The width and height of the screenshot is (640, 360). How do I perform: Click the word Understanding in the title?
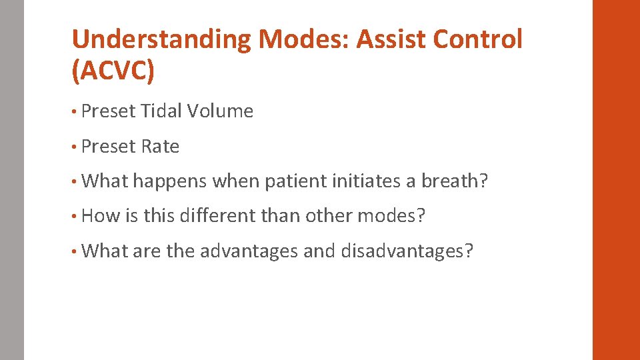[161, 40]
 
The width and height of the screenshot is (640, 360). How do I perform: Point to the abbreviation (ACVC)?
[113, 71]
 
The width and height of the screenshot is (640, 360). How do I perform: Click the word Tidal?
[162, 111]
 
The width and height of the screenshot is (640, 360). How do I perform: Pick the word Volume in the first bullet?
[221, 111]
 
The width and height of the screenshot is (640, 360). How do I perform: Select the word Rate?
[160, 147]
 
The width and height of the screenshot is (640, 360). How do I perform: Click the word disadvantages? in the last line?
[407, 251]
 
